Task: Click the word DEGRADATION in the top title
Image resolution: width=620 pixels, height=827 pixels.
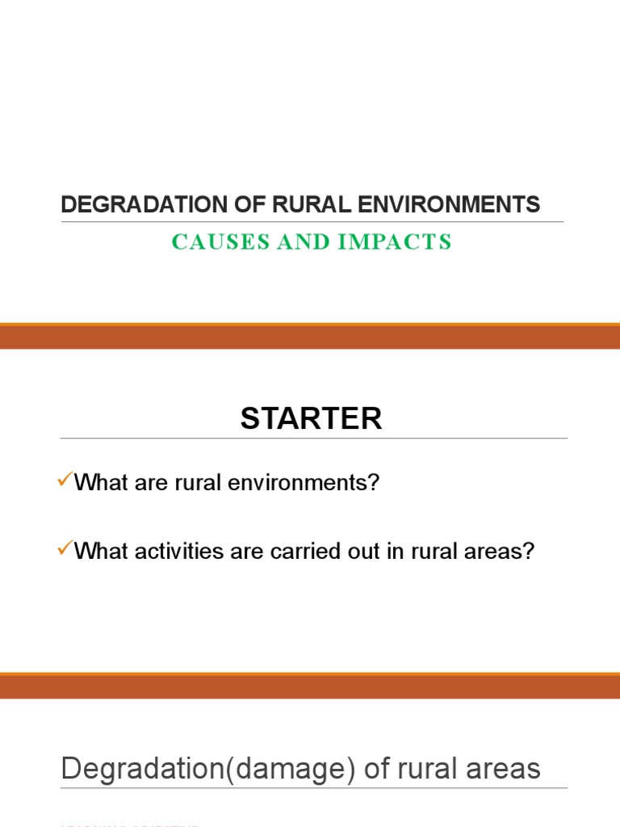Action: click(x=131, y=205)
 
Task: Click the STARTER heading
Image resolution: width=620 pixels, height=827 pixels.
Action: click(x=311, y=418)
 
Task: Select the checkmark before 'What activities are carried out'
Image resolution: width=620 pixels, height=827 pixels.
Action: click(x=65, y=549)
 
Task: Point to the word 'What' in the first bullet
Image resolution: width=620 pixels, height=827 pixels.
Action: click(x=98, y=484)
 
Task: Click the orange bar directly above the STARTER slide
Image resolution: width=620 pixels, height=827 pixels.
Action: click(x=310, y=337)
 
